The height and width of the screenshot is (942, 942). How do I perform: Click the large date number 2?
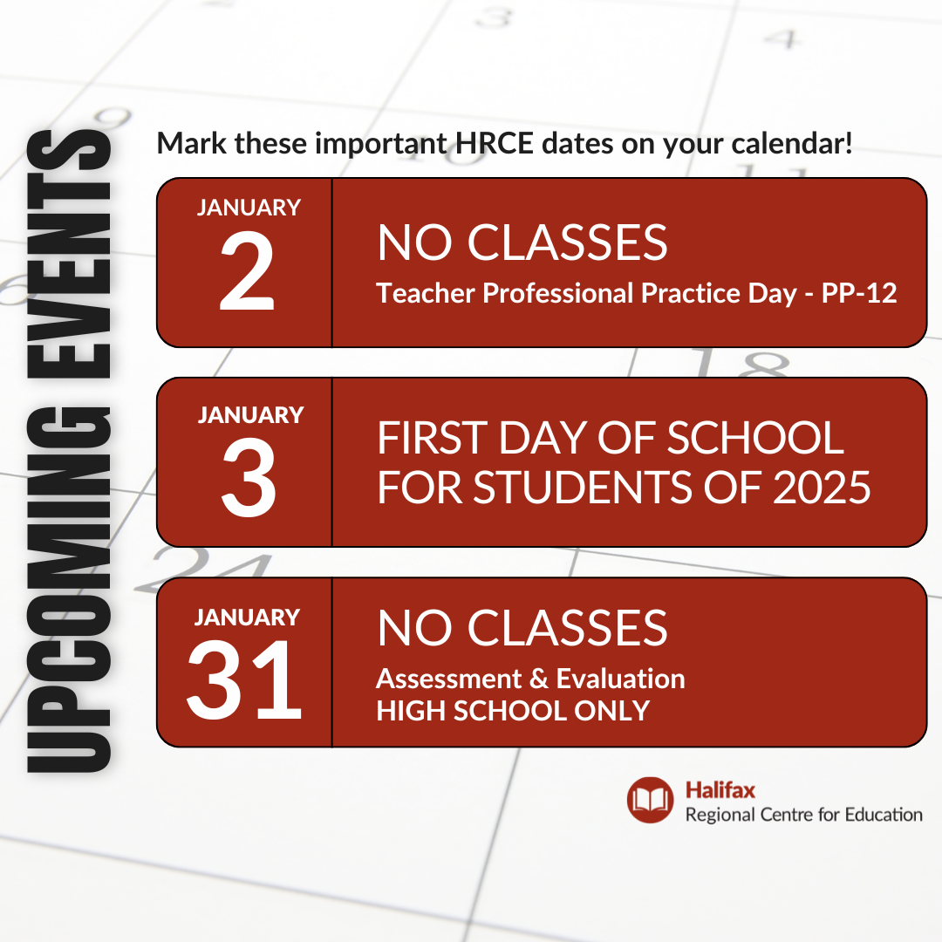click(x=247, y=271)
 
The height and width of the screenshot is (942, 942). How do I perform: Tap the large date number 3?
click(x=249, y=478)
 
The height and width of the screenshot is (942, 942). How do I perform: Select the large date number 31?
click(x=244, y=679)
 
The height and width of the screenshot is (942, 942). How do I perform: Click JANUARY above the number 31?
click(x=247, y=618)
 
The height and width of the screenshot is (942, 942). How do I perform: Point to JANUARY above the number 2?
click(x=249, y=208)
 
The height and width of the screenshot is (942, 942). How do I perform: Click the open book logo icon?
click(x=650, y=800)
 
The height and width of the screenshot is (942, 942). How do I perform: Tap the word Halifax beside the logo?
click(x=720, y=790)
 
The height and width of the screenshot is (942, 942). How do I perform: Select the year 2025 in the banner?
click(x=822, y=488)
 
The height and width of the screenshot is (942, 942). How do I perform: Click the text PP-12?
click(x=859, y=293)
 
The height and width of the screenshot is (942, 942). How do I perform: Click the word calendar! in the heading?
click(x=792, y=144)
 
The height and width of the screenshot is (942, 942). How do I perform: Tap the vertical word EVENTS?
click(x=69, y=254)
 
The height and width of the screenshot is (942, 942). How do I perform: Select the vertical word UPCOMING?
click(x=69, y=590)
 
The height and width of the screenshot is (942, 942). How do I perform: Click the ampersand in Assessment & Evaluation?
click(x=539, y=679)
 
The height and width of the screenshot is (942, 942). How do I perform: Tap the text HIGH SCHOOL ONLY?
click(x=513, y=711)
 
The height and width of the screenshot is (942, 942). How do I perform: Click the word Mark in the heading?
click(x=192, y=144)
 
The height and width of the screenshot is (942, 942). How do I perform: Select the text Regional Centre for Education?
click(x=804, y=815)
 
